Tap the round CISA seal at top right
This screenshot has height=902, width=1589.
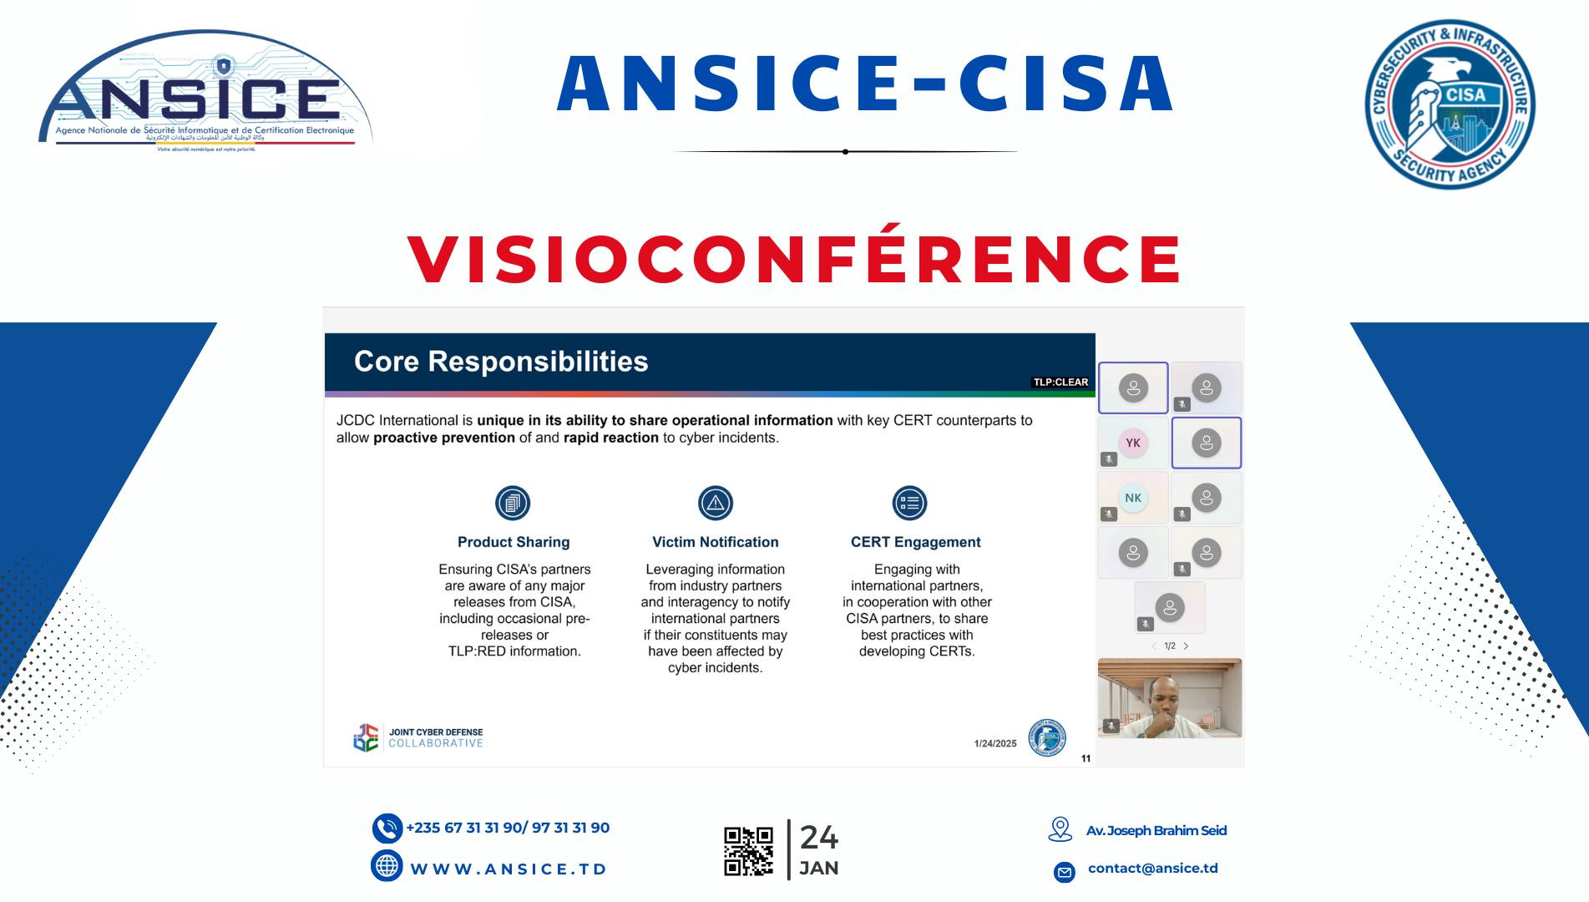pyautogui.click(x=1450, y=104)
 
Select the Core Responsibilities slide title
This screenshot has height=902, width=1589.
pyautogui.click(x=501, y=362)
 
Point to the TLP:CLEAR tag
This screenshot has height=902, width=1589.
pyautogui.click(x=1060, y=383)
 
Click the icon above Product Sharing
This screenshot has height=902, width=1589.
pyautogui.click(x=513, y=503)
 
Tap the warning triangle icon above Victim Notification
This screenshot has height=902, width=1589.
pyautogui.click(x=716, y=503)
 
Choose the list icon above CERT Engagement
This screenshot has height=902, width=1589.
pyautogui.click(x=909, y=503)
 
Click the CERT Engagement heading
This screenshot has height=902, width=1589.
pyautogui.click(x=915, y=542)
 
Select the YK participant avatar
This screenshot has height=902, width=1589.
pyautogui.click(x=1133, y=443)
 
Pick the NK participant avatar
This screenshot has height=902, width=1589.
pyautogui.click(x=1133, y=498)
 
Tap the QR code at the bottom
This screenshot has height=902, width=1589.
pyautogui.click(x=748, y=851)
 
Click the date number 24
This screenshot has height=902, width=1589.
pyautogui.click(x=819, y=837)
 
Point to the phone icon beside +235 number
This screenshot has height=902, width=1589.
pyautogui.click(x=387, y=829)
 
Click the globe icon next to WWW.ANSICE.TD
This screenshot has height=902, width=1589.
pyautogui.click(x=387, y=866)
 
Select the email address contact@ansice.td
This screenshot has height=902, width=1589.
pyautogui.click(x=1152, y=869)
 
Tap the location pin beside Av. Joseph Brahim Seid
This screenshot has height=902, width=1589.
pyautogui.click(x=1060, y=829)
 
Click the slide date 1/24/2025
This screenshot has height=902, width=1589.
pyautogui.click(x=995, y=743)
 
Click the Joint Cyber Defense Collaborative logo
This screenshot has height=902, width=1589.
pyautogui.click(x=418, y=737)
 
